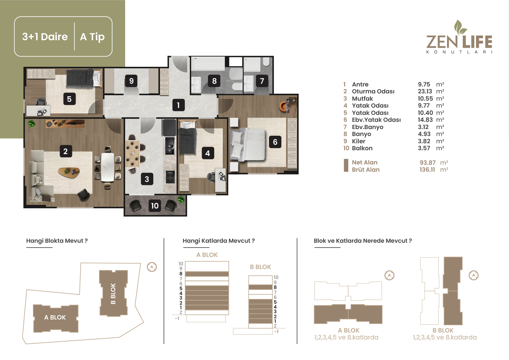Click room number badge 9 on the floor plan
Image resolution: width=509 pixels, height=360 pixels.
click(131, 81)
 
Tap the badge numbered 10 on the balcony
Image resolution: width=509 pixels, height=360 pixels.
click(155, 206)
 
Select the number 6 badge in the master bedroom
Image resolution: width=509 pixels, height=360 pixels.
click(275, 142)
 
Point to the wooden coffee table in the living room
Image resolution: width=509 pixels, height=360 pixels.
click(69, 172)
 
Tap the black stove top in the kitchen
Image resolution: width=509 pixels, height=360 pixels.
click(170, 177)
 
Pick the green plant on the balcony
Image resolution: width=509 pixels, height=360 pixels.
click(181, 200)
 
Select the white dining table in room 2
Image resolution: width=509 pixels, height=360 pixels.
click(108, 167)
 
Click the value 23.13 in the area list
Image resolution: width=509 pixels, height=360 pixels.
click(425, 91)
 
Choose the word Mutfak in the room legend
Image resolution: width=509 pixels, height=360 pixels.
click(362, 99)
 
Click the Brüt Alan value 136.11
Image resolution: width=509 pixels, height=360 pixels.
click(427, 170)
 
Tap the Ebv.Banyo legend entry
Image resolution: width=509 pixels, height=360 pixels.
click(368, 127)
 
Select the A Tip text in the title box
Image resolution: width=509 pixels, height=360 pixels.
click(92, 37)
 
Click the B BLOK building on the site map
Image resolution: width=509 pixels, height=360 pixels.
click(113, 293)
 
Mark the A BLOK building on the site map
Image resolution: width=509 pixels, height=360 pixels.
click(56, 318)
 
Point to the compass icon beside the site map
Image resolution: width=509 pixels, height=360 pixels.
click(152, 267)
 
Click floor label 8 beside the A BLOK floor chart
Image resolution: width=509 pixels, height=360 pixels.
click(181, 274)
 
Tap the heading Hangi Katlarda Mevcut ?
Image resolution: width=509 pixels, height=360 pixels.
click(219, 241)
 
